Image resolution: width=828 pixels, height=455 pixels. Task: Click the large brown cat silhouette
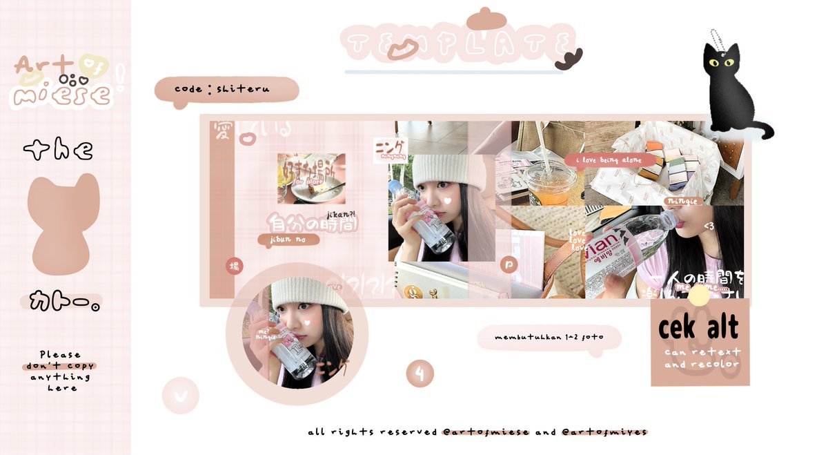click(x=62, y=224)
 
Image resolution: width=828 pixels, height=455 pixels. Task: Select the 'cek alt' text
click(x=698, y=328)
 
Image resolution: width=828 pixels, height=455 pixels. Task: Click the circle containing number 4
click(x=420, y=374)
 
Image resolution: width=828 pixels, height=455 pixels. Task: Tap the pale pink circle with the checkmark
click(x=181, y=396)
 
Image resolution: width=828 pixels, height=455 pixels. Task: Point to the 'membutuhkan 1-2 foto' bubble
click(x=549, y=338)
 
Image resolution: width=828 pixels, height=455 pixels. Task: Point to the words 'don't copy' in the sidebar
click(x=59, y=366)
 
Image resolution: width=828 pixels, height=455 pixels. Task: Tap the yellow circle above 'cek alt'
click(x=698, y=296)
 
